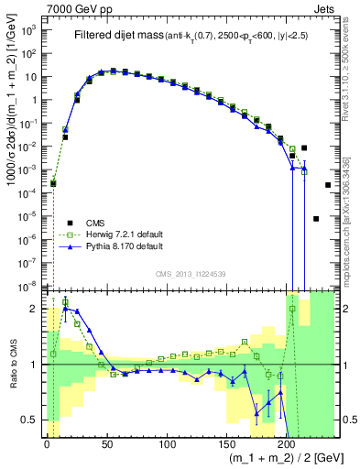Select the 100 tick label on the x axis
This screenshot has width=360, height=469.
tap(167, 443)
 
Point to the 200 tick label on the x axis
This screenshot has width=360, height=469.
tap(287, 443)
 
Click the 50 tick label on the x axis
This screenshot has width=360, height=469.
tap(106, 443)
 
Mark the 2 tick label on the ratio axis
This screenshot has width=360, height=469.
tap(35, 309)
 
